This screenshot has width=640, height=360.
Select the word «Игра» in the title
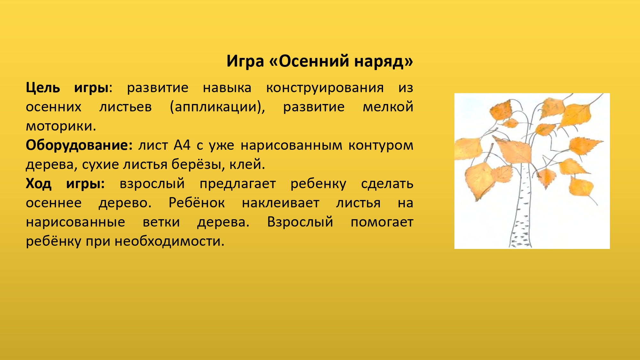coord(245,61)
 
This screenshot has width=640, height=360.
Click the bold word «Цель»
coord(43,88)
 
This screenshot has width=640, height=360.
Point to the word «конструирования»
coord(325,88)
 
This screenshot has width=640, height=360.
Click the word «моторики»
coord(61,126)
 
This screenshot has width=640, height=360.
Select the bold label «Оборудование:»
coord(79,145)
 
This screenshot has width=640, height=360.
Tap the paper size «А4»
coord(182,145)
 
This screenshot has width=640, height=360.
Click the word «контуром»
coord(381,145)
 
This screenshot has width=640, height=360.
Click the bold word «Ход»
coord(38,184)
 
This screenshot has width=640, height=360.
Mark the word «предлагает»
coord(238,184)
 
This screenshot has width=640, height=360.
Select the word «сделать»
coord(387,184)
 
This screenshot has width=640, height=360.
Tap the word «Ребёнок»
coord(196,203)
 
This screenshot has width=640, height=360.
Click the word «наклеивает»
coord(281,203)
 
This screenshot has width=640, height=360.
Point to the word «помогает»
coord(382,222)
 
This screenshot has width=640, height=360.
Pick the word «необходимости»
coord(170,241)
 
